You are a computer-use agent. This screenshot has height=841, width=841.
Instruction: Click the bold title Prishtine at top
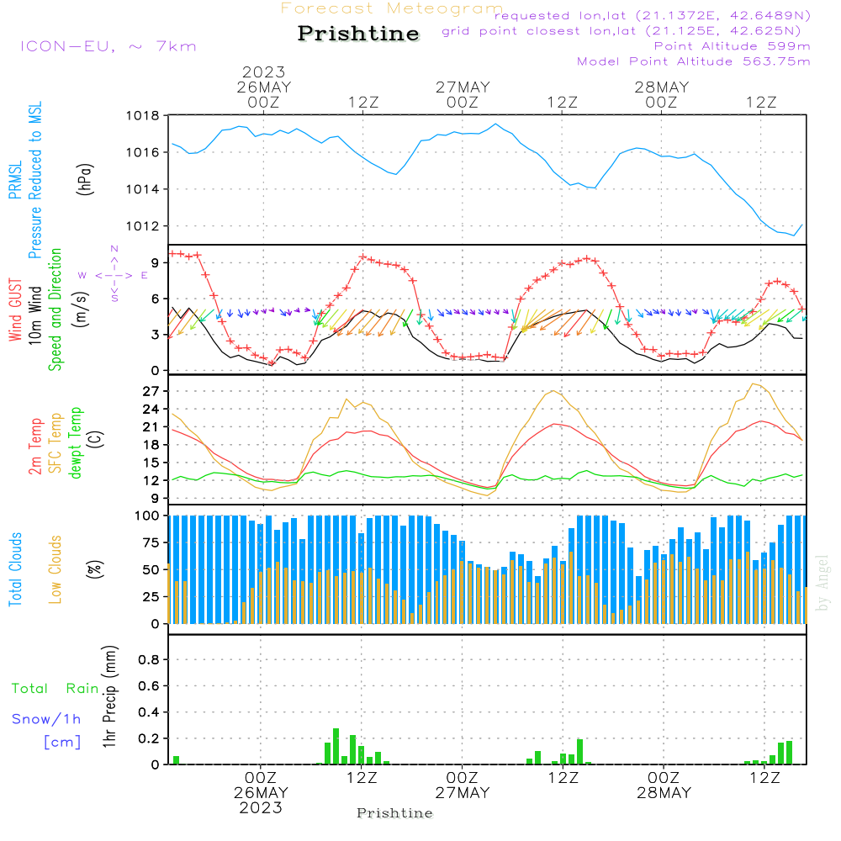pyautogui.click(x=358, y=34)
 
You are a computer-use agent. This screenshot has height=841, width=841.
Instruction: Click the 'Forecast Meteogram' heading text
pyautogui.click(x=392, y=8)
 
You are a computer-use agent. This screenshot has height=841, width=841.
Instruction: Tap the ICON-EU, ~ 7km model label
pyautogui.click(x=108, y=46)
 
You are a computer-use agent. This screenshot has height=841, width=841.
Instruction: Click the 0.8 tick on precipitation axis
pyautogui.click(x=148, y=660)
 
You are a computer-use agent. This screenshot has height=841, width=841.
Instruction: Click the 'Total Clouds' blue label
pyautogui.click(x=16, y=569)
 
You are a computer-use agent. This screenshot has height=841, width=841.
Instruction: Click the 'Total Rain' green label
pyautogui.click(x=55, y=689)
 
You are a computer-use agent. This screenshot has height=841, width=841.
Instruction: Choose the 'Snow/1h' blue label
pyautogui.click(x=46, y=720)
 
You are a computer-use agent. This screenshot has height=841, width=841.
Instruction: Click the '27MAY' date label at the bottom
pyautogui.click(x=463, y=794)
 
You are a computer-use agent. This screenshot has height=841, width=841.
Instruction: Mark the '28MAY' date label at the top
pyautogui.click(x=662, y=87)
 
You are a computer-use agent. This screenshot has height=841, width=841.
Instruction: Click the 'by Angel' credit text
pyautogui.click(x=823, y=582)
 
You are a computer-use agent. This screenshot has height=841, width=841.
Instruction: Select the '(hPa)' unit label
pyautogui.click(x=84, y=177)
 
